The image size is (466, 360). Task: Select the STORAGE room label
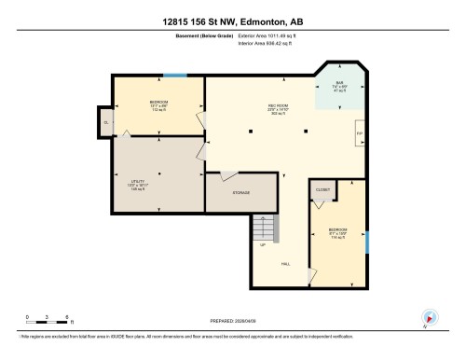pyautogui.click(x=241, y=193)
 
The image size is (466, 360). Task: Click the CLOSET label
pyautogui.click(x=322, y=188)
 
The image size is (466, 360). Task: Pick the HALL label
pyautogui.click(x=285, y=264)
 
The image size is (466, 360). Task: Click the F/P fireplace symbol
pyautogui.click(x=361, y=134)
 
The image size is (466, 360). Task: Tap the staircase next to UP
pyautogui.click(x=265, y=228)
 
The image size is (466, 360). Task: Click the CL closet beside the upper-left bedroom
pyautogui.click(x=107, y=122)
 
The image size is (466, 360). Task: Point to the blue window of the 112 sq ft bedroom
pyautogui.click(x=174, y=76)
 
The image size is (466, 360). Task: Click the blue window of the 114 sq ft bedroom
pyautogui.click(x=367, y=242)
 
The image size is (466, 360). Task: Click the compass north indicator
pyautogui.click(x=428, y=318)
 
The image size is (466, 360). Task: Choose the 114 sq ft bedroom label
pyautogui.click(x=337, y=232)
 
